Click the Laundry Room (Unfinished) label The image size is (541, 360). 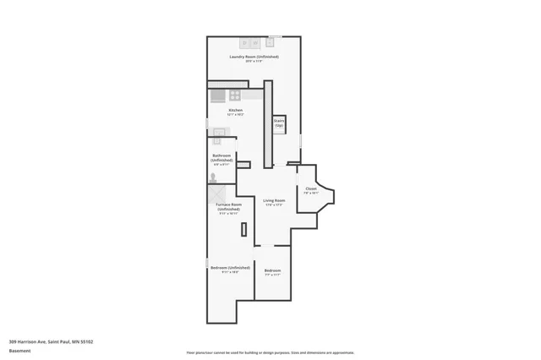pyautogui.click(x=254, y=57)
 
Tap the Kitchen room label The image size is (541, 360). pyautogui.click(x=236, y=110)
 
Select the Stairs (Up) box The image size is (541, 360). pyautogui.click(x=278, y=123)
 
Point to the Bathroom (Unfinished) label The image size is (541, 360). pyautogui.click(x=222, y=158)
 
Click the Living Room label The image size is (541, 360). pyautogui.click(x=273, y=200)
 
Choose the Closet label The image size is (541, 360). pyautogui.click(x=311, y=188)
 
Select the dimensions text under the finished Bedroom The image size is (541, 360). pyautogui.click(x=272, y=275)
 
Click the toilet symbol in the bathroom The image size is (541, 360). pyautogui.click(x=213, y=178)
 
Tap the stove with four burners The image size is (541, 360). pyautogui.click(x=235, y=95)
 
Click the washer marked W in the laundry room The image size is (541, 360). pyautogui.click(x=255, y=42)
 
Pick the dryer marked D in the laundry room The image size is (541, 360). pyautogui.click(x=245, y=42)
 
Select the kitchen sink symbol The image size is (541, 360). pyautogui.click(x=219, y=132)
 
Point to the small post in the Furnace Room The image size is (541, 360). pyautogui.click(x=243, y=229)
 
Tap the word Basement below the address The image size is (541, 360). pyautogui.click(x=19, y=350)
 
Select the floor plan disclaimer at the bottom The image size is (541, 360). pyautogui.click(x=270, y=352)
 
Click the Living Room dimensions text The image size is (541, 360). pyautogui.click(x=273, y=205)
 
